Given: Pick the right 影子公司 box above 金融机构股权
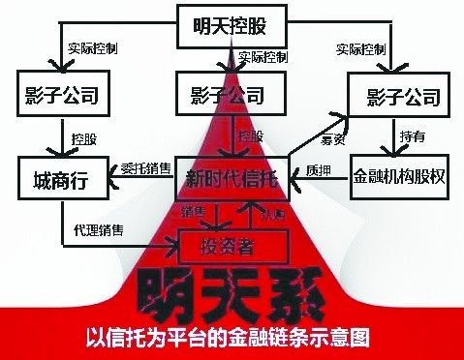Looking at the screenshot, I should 400,97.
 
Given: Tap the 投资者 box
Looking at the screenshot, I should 232,245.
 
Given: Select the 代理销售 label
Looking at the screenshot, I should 97,230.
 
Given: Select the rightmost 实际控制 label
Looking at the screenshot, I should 362,46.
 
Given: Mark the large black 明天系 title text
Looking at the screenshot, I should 225,292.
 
